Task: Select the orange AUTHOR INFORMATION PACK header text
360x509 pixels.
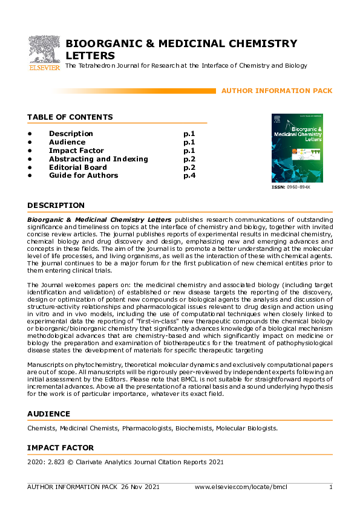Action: point(277,91)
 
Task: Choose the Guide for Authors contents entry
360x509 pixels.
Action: point(83,176)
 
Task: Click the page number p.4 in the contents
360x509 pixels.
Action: point(189,176)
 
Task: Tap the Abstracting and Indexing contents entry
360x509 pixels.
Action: point(98,159)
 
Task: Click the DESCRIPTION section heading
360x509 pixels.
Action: point(56,206)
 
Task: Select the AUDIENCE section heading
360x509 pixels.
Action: point(48,414)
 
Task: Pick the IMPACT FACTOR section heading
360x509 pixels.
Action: point(61,448)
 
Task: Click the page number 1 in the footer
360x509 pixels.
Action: point(330,487)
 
